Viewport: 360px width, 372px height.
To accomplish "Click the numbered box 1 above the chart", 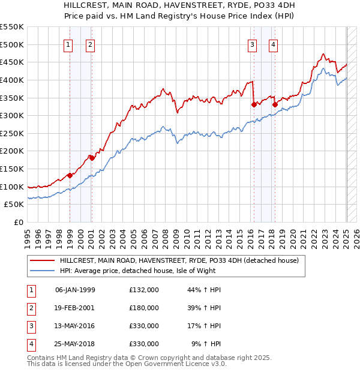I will pos(68,44).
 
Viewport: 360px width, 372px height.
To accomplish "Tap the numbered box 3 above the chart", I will pos(252,44).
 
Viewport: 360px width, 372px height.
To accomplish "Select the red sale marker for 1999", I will pos(70,175).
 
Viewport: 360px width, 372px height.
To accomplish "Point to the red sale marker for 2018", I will pos(275,104).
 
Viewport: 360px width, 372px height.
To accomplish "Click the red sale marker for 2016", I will pos(254,104).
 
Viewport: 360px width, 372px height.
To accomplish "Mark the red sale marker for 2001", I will pos(91,158).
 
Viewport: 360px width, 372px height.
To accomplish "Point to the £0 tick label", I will pos(19,222).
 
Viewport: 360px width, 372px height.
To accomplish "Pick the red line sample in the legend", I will pos(42,260).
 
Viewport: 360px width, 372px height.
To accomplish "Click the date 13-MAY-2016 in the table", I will pos(75,326).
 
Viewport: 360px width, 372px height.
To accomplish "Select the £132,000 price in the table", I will pos(144,290).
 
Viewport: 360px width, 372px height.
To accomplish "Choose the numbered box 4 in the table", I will pos(31,344).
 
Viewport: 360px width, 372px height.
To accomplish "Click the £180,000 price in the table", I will pos(144,308).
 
